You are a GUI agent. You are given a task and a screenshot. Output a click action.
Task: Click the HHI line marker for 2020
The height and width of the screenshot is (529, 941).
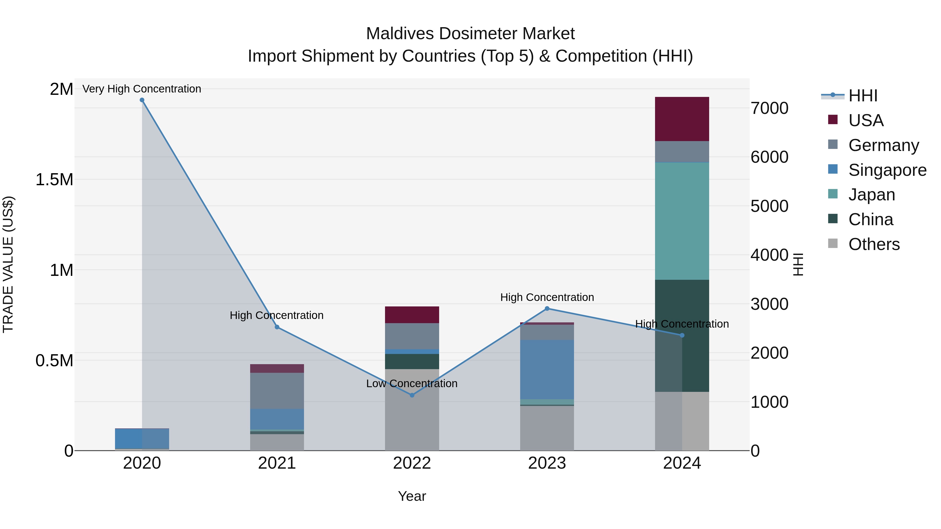142,100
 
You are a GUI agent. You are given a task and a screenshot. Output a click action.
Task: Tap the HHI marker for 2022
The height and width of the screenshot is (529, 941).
412,395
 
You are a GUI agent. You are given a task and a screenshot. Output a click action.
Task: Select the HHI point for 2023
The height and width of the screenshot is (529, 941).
547,309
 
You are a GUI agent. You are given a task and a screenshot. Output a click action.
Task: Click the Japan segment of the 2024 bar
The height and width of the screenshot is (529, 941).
682,221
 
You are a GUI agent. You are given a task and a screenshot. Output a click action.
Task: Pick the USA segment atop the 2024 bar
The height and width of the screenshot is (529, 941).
682,119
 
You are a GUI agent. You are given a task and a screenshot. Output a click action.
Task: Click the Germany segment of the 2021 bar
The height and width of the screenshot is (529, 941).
277,391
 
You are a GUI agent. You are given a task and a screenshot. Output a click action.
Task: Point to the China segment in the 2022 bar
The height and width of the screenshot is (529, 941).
412,362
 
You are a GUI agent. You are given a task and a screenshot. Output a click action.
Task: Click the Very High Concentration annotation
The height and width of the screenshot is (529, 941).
142,89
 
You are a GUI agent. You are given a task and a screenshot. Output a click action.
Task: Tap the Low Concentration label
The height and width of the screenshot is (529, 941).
412,383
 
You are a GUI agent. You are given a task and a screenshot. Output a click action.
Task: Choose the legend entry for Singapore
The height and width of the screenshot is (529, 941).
887,170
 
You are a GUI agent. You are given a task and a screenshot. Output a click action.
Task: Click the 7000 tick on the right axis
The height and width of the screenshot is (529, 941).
769,108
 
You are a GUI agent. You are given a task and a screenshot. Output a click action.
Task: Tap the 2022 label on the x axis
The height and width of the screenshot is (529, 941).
412,463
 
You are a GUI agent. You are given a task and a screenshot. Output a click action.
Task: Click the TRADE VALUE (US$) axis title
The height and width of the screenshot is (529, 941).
8,265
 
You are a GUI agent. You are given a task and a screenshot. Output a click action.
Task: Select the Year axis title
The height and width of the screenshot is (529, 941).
412,496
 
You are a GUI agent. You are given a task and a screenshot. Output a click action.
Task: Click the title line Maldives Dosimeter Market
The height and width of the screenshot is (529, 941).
470,34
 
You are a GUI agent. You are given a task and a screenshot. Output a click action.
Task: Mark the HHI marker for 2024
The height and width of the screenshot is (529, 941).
682,335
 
